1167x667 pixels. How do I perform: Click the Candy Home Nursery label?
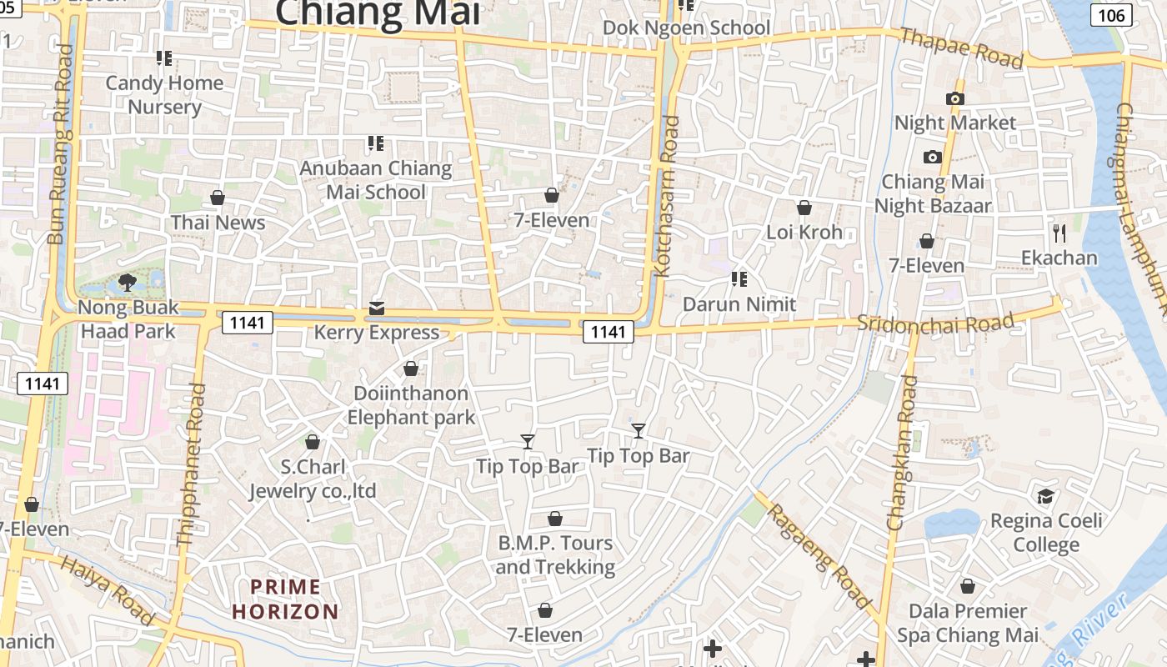click(x=164, y=95)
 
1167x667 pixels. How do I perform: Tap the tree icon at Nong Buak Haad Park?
click(x=128, y=283)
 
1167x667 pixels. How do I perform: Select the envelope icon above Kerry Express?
click(x=377, y=309)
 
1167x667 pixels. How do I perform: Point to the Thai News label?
click(x=218, y=223)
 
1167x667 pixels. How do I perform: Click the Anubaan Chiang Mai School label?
click(x=375, y=180)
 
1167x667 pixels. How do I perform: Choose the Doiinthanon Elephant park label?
click(x=411, y=405)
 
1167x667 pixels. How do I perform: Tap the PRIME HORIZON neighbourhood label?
click(x=285, y=599)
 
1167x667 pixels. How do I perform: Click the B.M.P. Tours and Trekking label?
click(x=555, y=555)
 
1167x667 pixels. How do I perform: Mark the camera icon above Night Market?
click(x=955, y=98)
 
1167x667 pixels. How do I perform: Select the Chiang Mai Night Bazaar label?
click(x=933, y=193)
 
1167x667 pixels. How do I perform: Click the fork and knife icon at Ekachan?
click(x=1059, y=233)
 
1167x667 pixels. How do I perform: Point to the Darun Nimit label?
click(x=739, y=304)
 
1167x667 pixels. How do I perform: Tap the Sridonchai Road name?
click(x=936, y=323)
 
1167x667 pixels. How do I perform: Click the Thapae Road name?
click(x=962, y=48)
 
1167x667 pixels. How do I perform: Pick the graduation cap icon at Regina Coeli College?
click(x=1045, y=497)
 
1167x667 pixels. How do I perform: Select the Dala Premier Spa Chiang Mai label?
click(x=968, y=623)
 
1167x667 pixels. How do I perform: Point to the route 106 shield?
click(x=1111, y=14)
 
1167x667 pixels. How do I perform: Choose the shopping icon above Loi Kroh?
click(x=804, y=208)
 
